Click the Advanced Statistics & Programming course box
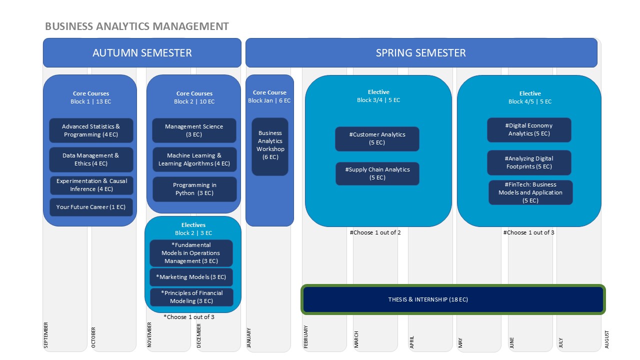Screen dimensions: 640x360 click(x=91, y=130)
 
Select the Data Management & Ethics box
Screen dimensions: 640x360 click(x=91, y=159)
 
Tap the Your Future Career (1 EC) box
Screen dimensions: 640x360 click(x=91, y=207)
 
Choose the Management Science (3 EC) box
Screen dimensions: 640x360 click(x=194, y=130)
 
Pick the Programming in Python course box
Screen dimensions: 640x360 click(x=194, y=189)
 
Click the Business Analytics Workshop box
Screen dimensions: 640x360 click(x=270, y=146)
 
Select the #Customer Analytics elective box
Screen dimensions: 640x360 click(x=377, y=139)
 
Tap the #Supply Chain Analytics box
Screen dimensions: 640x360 click(x=377, y=173)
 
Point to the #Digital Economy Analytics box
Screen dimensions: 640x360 click(x=529, y=129)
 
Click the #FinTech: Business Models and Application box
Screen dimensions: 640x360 click(x=530, y=192)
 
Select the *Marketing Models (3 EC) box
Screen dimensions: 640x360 click(x=191, y=277)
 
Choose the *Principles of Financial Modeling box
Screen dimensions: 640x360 click(x=191, y=297)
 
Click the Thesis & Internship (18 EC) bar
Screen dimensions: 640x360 click(x=453, y=299)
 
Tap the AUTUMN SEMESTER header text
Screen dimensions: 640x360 click(x=142, y=53)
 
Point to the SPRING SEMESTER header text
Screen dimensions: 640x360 click(x=421, y=53)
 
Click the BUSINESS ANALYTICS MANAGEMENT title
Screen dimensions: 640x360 click(x=137, y=26)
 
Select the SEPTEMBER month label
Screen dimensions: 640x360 click(x=46, y=335)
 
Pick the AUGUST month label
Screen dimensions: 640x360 click(x=607, y=339)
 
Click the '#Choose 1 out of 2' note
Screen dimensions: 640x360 click(x=375, y=232)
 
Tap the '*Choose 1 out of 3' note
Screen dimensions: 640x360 click(x=189, y=317)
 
